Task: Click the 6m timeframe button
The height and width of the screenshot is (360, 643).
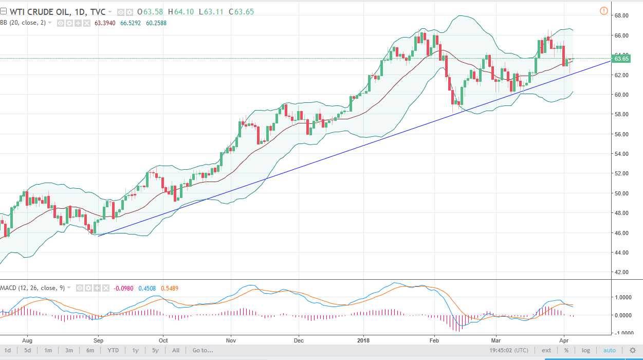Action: pyautogui.click(x=90, y=350)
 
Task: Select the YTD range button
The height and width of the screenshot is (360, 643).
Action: pyautogui.click(x=113, y=350)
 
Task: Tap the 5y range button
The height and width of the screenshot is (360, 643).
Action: pyautogui.click(x=155, y=350)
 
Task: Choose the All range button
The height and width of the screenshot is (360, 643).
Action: pyautogui.click(x=176, y=350)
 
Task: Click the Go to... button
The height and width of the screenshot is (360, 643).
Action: pyautogui.click(x=203, y=350)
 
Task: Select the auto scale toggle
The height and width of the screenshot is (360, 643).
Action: pyautogui.click(x=609, y=350)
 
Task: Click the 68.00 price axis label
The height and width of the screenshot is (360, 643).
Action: pyautogui.click(x=622, y=15)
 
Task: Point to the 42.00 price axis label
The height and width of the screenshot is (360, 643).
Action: pyautogui.click(x=622, y=272)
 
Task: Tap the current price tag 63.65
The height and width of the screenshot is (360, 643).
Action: pyautogui.click(x=622, y=59)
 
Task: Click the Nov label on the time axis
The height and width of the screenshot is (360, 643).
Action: pyautogui.click(x=231, y=340)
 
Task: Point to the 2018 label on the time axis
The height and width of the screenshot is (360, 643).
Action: pyautogui.click(x=363, y=340)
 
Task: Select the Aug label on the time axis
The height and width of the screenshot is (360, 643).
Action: pyautogui.click(x=28, y=340)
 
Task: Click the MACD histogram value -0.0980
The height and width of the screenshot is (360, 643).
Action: pyautogui.click(x=122, y=288)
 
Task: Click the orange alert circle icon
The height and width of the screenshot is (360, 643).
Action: pyautogui.click(x=604, y=11)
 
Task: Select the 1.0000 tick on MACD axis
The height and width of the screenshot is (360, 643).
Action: pyautogui.click(x=623, y=297)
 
